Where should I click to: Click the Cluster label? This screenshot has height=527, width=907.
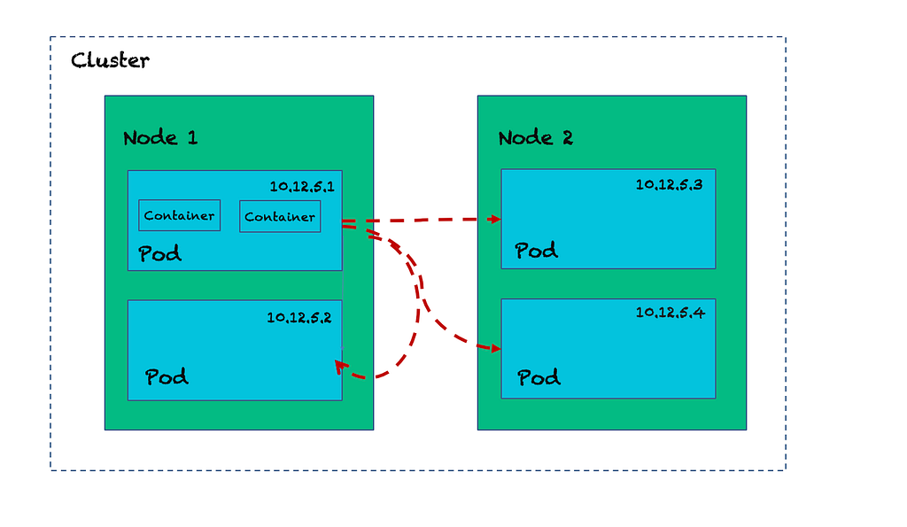click(x=110, y=60)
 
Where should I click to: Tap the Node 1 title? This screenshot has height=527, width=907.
click(x=160, y=137)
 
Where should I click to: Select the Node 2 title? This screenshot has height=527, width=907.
click(x=536, y=137)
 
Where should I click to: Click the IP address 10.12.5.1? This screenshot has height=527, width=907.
click(x=302, y=186)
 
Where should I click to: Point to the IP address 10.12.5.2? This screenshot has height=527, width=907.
click(x=299, y=317)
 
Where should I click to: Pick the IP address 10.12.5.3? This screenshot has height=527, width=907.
click(x=670, y=184)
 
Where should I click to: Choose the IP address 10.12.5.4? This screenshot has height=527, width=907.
click(x=671, y=313)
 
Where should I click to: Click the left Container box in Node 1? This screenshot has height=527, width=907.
click(x=179, y=215)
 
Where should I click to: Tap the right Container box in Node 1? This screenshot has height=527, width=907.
click(x=280, y=216)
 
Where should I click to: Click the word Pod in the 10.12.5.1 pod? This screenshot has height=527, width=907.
click(x=159, y=253)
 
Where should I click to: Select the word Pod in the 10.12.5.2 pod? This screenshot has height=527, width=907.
click(x=167, y=376)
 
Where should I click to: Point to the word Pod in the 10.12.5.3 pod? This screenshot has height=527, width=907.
click(x=536, y=251)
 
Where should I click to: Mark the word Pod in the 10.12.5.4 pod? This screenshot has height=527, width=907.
click(x=539, y=377)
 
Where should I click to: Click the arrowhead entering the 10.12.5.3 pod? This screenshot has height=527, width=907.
click(x=494, y=219)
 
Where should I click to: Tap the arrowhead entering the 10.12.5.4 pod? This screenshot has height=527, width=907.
click(x=494, y=348)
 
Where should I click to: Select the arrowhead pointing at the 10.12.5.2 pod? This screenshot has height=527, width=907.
click(x=341, y=367)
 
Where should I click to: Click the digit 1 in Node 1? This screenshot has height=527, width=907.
click(x=192, y=137)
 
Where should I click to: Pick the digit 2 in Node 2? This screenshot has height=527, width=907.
click(x=568, y=137)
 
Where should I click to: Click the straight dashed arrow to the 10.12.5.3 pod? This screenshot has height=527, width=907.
click(x=422, y=220)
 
